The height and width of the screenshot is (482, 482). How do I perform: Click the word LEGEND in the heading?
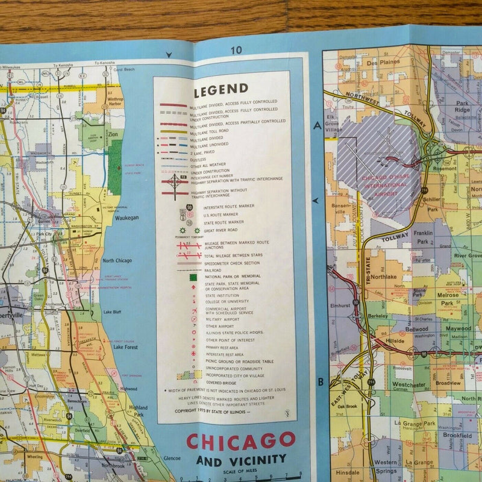tap(221, 90)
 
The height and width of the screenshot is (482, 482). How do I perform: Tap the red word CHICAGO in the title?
tap(241, 442)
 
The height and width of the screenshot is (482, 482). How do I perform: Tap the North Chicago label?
tap(117, 260)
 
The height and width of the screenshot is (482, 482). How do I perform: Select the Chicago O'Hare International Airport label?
tap(381, 179)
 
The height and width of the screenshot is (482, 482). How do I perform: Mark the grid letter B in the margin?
tap(321, 381)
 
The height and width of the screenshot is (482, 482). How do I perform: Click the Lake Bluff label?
tap(112, 311)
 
